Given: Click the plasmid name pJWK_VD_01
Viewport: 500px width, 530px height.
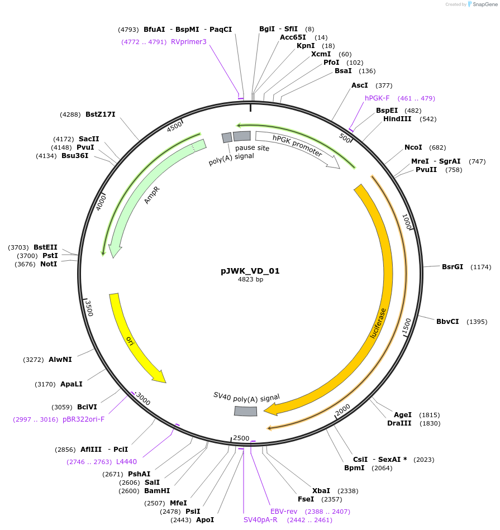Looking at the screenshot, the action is [x=250, y=271].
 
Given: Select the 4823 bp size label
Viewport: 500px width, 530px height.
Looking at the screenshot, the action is [x=250, y=280].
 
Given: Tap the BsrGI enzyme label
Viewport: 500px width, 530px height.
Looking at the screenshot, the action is [x=453, y=267].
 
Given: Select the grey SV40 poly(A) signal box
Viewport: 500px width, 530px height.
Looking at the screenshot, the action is [x=245, y=411].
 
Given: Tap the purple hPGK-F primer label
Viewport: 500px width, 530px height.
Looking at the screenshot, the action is [x=377, y=98].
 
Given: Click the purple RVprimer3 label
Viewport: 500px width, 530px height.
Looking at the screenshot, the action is [x=189, y=42].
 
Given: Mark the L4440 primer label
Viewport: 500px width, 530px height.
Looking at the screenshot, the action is [x=126, y=462].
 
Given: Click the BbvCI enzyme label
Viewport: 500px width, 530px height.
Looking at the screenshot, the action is [x=447, y=322].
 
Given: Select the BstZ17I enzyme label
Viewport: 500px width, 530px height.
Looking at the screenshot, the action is [x=101, y=114].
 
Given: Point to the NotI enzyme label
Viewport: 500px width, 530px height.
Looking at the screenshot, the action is [x=49, y=264].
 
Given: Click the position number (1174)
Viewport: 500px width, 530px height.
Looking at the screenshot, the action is [x=481, y=267].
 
